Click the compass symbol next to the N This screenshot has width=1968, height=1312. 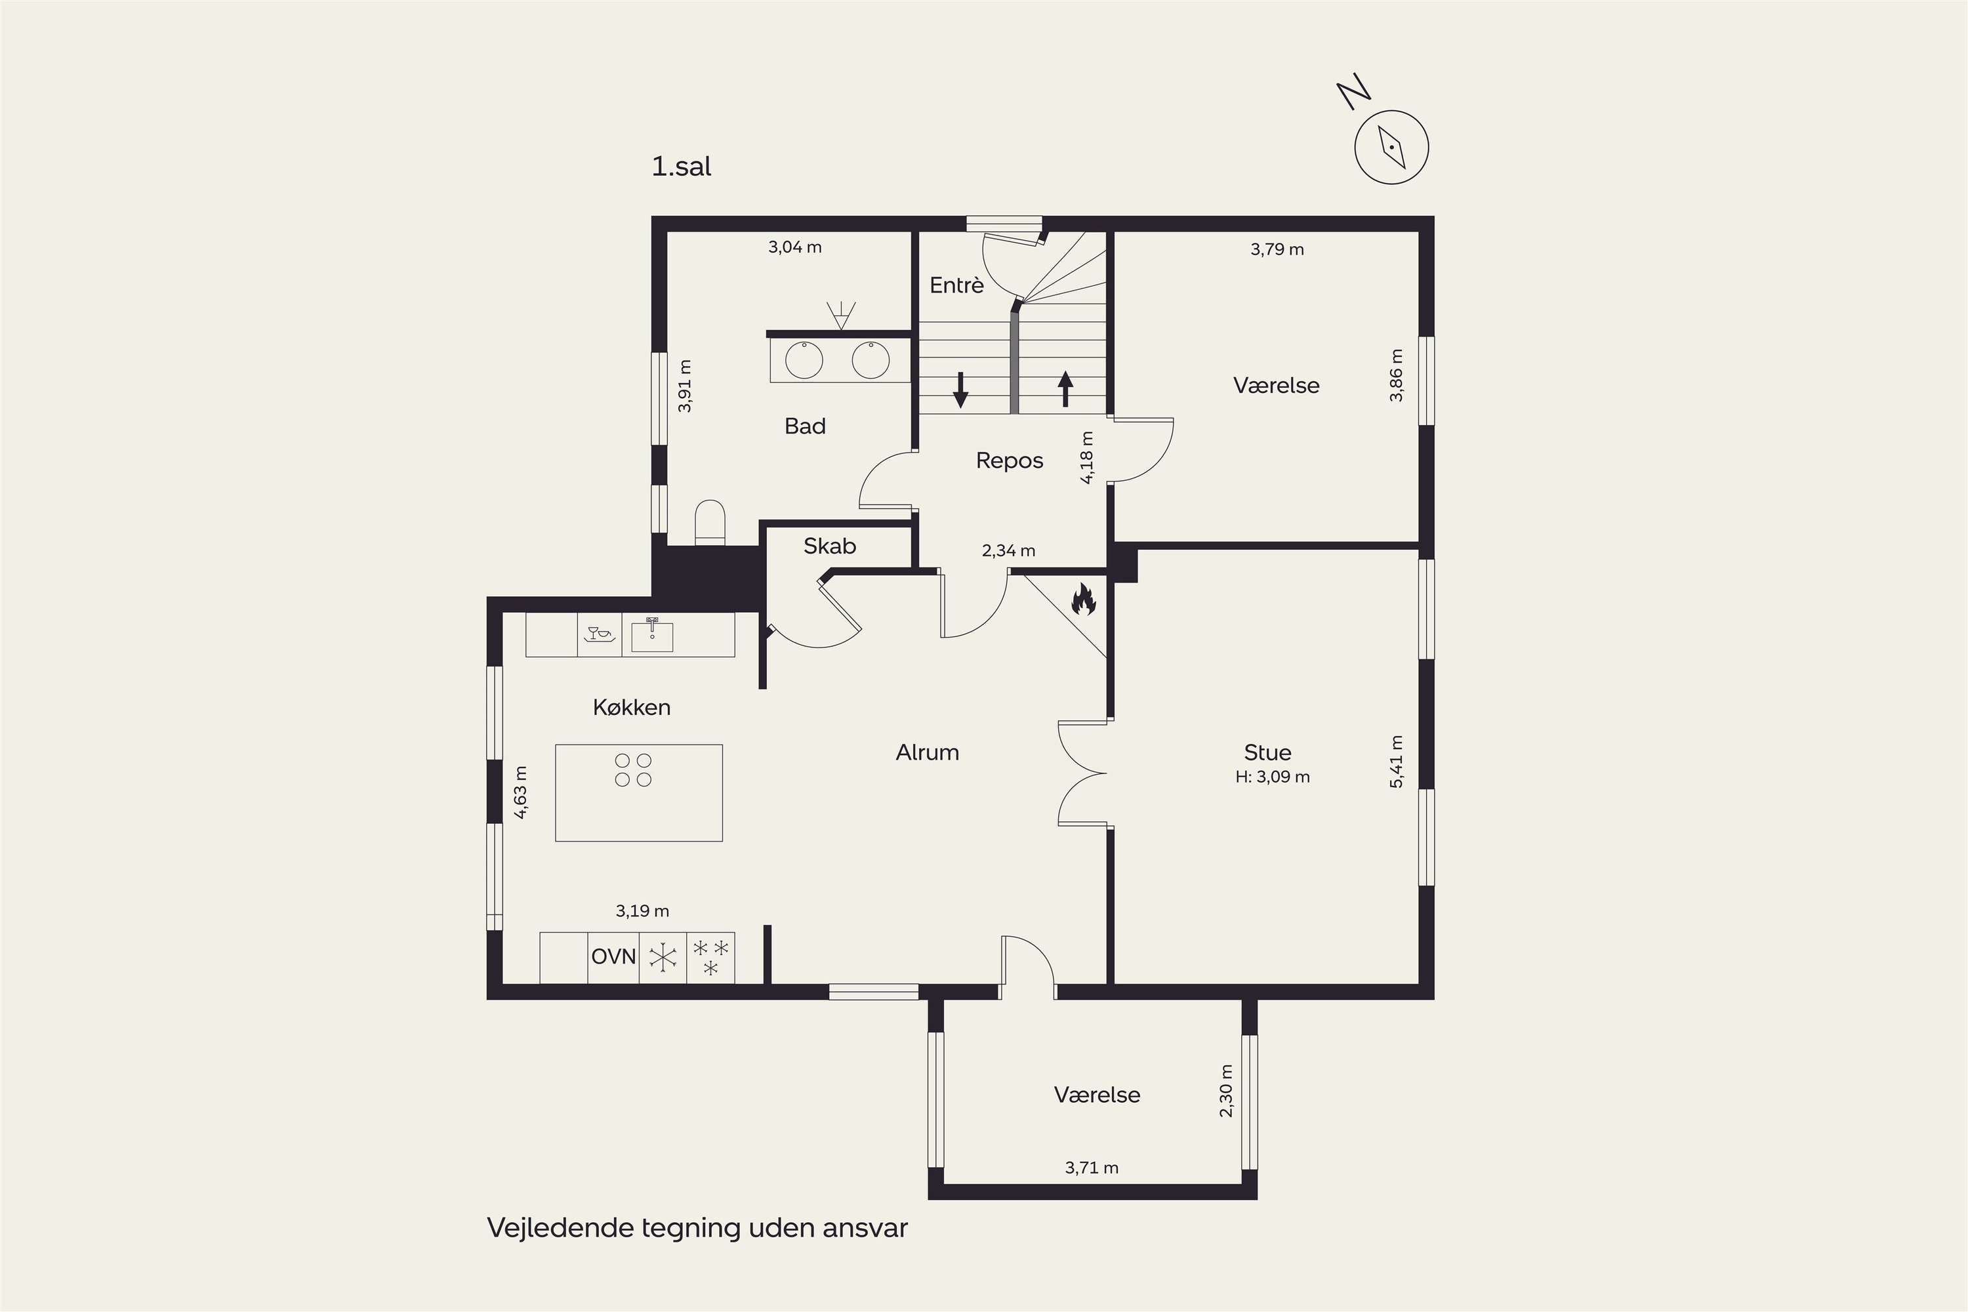tap(1391, 147)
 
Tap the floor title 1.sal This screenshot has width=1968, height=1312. tap(681, 167)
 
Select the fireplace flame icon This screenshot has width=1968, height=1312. tap(1084, 599)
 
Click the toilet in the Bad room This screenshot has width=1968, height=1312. tap(710, 522)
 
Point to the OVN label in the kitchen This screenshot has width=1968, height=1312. tap(613, 956)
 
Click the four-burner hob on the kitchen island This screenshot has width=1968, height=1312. tap(634, 769)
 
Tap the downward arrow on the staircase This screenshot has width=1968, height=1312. tap(960, 390)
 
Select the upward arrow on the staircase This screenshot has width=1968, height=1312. tap(1065, 389)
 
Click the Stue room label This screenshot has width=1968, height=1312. tap(1267, 752)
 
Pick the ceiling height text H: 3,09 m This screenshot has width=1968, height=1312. tap(1273, 777)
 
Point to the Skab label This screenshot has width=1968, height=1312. tap(829, 546)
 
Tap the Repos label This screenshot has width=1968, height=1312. tap(1009, 461)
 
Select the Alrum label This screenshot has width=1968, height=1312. tap(927, 752)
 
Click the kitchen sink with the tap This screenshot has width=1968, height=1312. tap(652, 635)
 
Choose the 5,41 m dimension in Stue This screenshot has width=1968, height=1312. tap(1396, 762)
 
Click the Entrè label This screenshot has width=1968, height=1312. tap(956, 285)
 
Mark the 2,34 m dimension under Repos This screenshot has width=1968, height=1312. tap(1008, 550)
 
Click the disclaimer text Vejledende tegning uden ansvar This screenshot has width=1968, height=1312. tap(697, 1228)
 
